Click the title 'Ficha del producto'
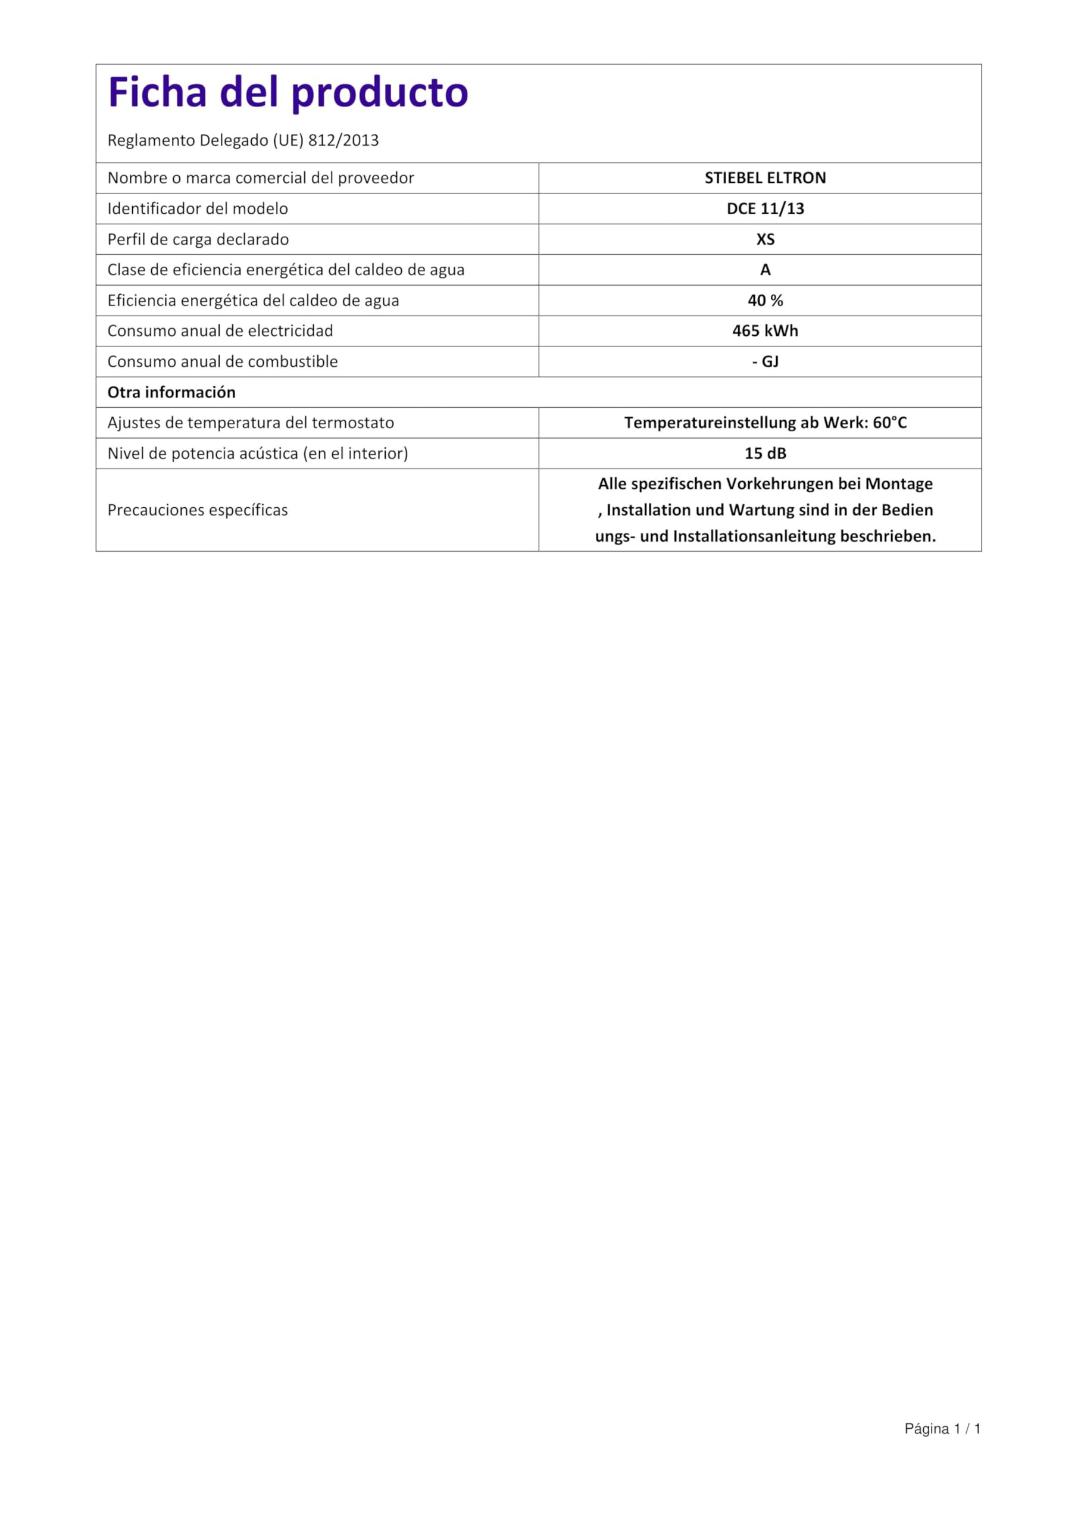(x=288, y=92)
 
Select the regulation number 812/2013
(x=343, y=140)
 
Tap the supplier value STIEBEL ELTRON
(x=765, y=178)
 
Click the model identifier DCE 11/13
(x=765, y=208)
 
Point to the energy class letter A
(x=765, y=270)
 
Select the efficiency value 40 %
(x=765, y=300)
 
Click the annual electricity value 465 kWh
(x=765, y=330)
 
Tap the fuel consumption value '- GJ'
(x=765, y=361)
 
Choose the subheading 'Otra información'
(x=171, y=392)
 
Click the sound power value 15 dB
(x=765, y=454)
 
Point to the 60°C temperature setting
(x=889, y=423)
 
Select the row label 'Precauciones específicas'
(x=197, y=510)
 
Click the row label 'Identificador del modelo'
(x=197, y=208)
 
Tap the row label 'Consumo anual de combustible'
(x=223, y=361)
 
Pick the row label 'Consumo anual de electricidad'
(x=220, y=330)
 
